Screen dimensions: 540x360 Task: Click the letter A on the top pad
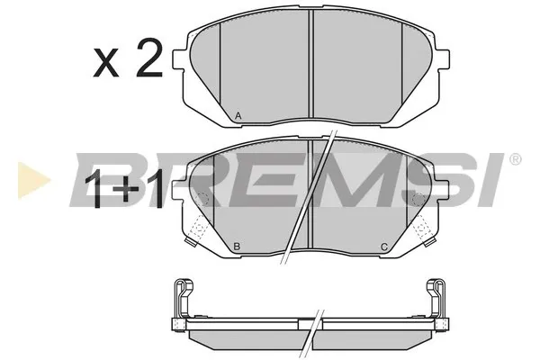click(238, 116)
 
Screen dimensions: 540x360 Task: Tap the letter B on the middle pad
click(237, 247)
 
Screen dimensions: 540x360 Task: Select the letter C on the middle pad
click(384, 247)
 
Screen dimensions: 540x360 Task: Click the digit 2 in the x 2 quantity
click(148, 58)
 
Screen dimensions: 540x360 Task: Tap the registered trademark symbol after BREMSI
click(515, 159)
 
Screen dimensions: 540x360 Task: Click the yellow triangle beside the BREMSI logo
click(33, 180)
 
